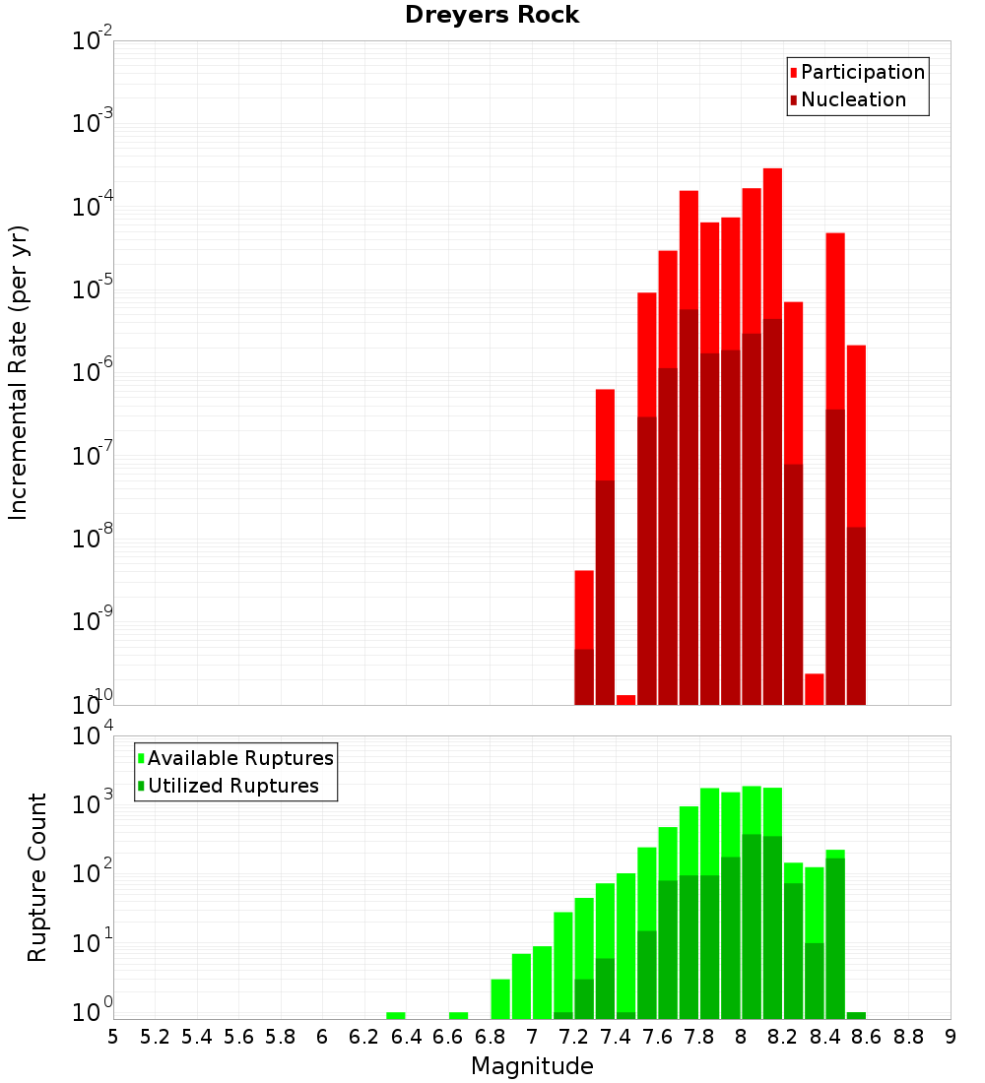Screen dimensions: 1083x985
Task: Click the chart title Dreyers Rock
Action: (x=492, y=16)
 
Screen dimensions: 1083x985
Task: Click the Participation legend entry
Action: (x=862, y=72)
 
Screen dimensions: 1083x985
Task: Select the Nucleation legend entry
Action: (x=852, y=99)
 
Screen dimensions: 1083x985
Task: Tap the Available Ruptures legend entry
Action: (x=239, y=758)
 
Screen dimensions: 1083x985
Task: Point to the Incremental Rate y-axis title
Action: (x=19, y=373)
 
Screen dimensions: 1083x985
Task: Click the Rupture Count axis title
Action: (x=37, y=877)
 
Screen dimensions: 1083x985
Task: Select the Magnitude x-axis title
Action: (x=532, y=1066)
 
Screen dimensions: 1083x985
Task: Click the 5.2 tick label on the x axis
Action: (x=156, y=1037)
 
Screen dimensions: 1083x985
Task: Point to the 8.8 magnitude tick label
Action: (x=908, y=1037)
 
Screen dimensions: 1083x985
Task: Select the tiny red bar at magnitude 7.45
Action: (x=625, y=699)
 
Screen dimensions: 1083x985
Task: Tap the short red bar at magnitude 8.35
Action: (x=814, y=688)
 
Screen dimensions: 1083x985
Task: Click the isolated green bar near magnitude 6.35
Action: (x=396, y=1015)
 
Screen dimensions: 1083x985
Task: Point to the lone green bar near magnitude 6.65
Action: (x=458, y=1015)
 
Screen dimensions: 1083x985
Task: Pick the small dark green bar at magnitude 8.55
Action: (x=856, y=1015)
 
